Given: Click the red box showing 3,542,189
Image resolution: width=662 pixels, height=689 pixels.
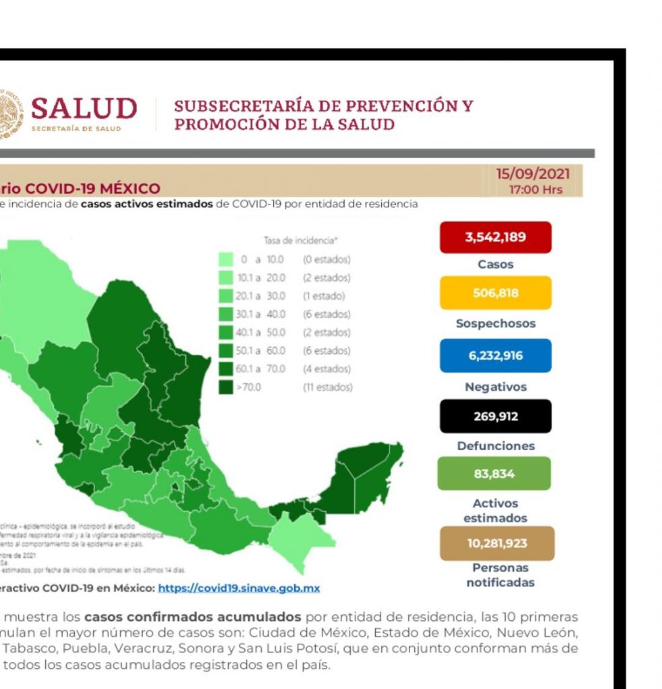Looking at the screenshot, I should point(495,238).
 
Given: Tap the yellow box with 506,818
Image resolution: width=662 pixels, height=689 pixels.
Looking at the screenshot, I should point(495,293).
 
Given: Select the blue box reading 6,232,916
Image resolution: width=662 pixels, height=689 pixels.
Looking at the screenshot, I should point(495,356).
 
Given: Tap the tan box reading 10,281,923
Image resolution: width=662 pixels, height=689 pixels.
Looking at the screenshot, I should point(497,544).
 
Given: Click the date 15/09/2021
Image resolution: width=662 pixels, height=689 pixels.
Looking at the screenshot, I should point(533,174).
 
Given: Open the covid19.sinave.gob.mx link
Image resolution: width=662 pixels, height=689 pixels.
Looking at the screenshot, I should point(238,588).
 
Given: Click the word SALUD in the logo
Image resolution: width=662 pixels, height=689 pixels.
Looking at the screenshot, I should point(84,108).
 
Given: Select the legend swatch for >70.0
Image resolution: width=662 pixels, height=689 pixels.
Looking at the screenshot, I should point(226,387).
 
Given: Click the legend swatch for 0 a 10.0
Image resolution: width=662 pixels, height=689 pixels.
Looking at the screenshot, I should point(226,259).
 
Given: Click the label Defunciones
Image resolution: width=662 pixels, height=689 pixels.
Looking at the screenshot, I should point(496,445).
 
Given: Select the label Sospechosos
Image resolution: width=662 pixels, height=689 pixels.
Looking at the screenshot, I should point(496,324).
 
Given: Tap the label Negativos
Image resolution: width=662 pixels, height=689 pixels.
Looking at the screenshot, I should point(496,387).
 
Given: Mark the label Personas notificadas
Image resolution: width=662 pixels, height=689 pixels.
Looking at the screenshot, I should point(500,575).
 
